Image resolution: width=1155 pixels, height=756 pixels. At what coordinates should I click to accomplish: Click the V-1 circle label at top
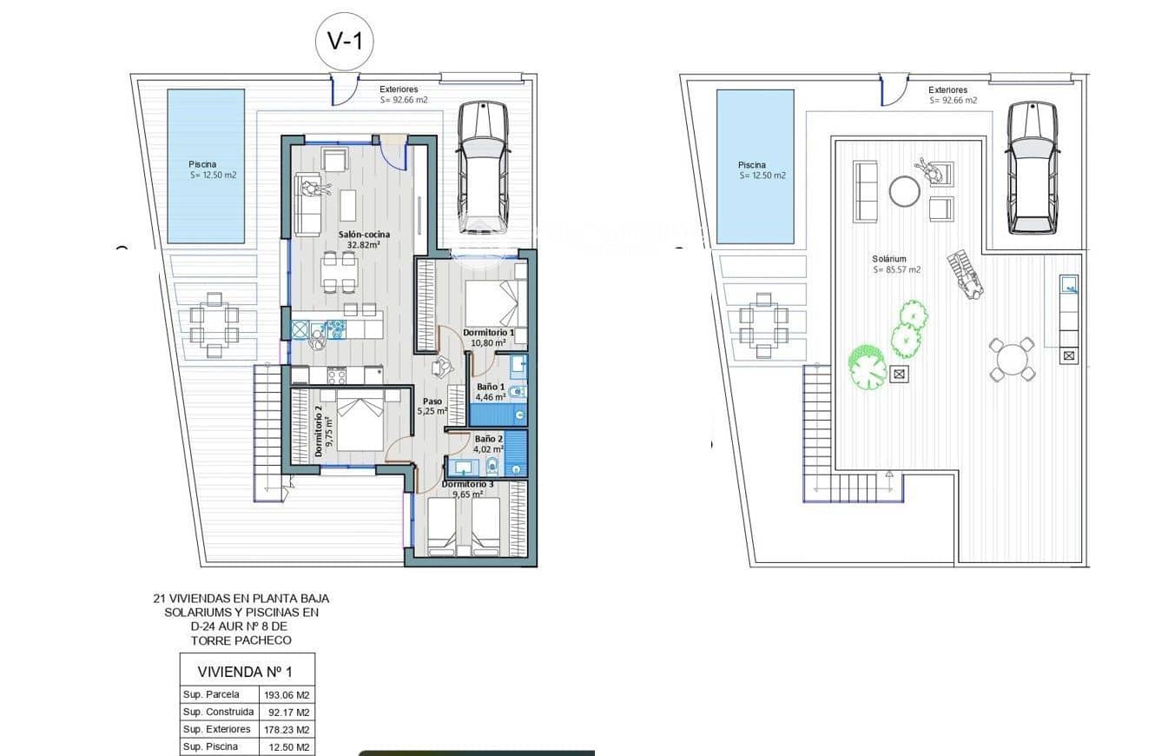click(x=345, y=40)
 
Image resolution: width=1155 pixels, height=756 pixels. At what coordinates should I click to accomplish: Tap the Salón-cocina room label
click(x=364, y=239)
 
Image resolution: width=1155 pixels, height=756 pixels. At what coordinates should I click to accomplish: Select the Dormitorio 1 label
click(x=488, y=337)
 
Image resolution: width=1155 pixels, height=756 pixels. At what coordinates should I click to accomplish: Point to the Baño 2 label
click(x=489, y=444)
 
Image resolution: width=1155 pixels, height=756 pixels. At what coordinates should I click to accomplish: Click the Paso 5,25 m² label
click(x=432, y=407)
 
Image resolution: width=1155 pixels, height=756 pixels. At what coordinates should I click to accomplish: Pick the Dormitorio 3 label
click(x=468, y=489)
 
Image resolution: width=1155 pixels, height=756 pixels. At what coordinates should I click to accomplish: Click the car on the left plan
click(x=483, y=162)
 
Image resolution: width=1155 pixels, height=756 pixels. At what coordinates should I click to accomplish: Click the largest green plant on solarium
click(x=867, y=368)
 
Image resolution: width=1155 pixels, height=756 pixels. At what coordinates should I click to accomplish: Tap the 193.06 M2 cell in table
click(x=287, y=694)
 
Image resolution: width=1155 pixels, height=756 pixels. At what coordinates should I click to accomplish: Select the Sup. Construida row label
click(x=218, y=712)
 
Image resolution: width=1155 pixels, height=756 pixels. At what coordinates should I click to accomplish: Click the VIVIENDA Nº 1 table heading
click(x=247, y=671)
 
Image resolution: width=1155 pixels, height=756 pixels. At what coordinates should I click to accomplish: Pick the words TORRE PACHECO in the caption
click(x=241, y=640)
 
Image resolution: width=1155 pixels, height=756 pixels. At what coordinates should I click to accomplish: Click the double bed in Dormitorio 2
click(x=359, y=421)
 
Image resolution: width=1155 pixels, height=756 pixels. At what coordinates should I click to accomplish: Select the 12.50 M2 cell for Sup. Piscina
click(x=287, y=746)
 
